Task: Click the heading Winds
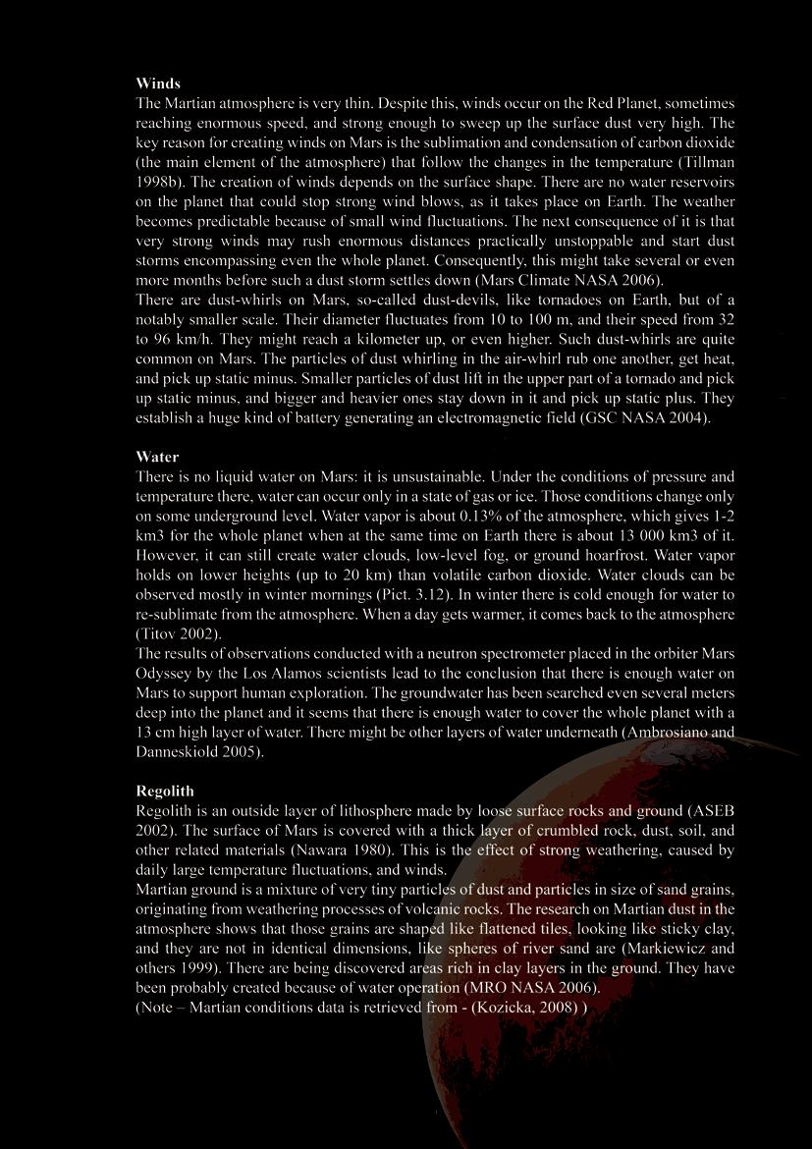click(x=158, y=83)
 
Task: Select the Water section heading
click(x=157, y=457)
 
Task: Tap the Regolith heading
click(x=165, y=791)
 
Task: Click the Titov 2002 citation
click(x=177, y=633)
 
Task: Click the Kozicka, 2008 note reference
click(x=526, y=1007)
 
